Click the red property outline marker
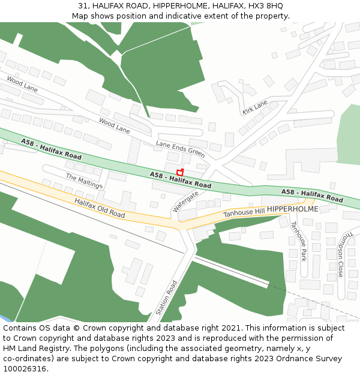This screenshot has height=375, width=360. tap(179, 172)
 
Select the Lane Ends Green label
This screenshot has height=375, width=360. tap(181, 149)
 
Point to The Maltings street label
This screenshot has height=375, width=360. tap(84, 181)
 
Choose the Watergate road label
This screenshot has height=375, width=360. tap(185, 202)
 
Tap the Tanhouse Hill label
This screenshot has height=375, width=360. tap(244, 212)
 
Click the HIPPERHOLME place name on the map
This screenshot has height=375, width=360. tap(293, 209)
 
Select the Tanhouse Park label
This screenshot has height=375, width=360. tap(298, 241)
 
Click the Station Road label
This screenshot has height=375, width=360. tap(167, 298)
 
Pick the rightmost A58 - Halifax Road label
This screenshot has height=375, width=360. tap(312, 195)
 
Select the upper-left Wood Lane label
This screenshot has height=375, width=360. tap(22, 83)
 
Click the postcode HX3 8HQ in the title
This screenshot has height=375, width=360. tap(265, 5)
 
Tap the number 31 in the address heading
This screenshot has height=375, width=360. tap(83, 5)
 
